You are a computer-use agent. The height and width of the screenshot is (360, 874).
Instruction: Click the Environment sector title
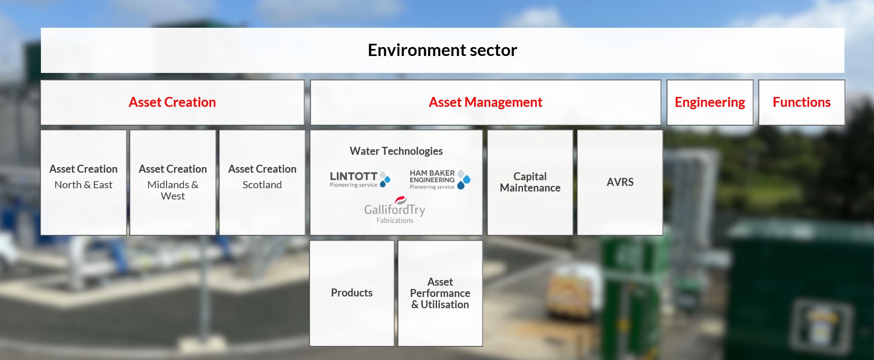[442, 50]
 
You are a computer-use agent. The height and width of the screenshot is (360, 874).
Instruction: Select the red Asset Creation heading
[172, 102]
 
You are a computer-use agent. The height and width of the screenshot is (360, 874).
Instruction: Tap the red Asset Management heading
[485, 102]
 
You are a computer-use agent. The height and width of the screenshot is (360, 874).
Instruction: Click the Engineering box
[710, 103]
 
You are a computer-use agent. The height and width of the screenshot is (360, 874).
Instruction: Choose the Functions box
[802, 103]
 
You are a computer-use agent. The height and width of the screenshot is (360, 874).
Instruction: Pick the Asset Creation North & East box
[84, 183]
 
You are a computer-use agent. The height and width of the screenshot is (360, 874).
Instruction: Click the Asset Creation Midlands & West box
[173, 183]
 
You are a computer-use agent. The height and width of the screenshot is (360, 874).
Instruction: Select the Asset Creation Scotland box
[262, 183]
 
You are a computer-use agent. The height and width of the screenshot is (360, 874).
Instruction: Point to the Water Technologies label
[396, 151]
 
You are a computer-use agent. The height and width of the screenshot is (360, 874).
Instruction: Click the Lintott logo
[360, 179]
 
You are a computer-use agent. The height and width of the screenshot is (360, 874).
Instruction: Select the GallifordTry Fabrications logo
[395, 210]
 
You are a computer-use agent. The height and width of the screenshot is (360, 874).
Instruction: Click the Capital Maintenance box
[530, 183]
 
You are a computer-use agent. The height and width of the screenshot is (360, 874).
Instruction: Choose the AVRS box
[620, 183]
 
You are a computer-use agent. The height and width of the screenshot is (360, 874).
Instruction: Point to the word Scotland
[262, 185]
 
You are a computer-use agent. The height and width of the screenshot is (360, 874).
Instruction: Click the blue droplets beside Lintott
[385, 179]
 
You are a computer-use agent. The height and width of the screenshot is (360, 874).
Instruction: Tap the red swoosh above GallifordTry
[401, 200]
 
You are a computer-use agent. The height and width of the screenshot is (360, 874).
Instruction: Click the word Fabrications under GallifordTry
[395, 220]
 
